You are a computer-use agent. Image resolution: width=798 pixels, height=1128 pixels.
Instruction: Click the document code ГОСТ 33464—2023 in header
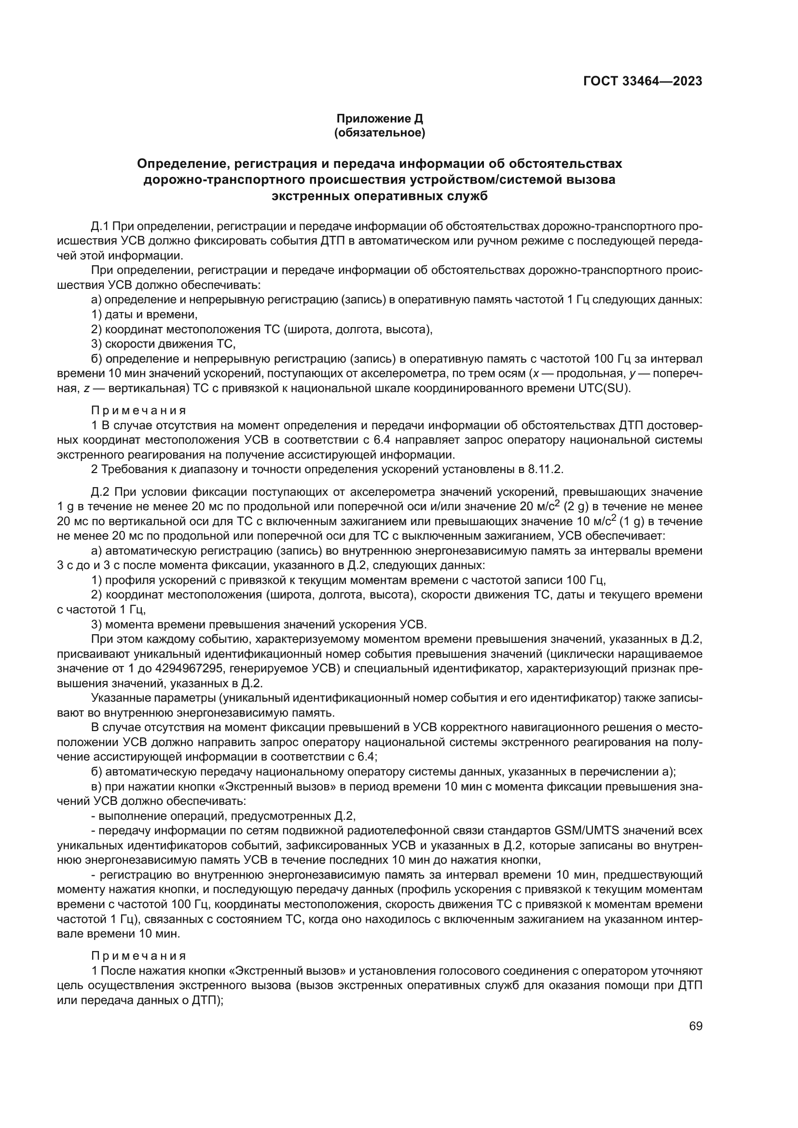pos(642,82)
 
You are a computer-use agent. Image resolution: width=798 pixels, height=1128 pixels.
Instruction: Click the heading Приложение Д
pos(379,119)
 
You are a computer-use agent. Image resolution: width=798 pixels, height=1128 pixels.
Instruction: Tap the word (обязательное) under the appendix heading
pos(379,133)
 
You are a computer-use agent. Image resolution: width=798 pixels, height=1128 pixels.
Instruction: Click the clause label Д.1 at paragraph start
pos(100,226)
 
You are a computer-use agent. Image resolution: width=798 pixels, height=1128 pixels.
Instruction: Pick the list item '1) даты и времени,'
pos(144,314)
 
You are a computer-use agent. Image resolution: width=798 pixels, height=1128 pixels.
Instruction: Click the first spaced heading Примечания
pos(138,410)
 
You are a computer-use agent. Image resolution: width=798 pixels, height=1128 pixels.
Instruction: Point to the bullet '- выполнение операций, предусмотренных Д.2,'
pos(223,816)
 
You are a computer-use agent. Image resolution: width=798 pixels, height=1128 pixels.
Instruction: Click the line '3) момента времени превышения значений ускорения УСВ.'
pos(259,625)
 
